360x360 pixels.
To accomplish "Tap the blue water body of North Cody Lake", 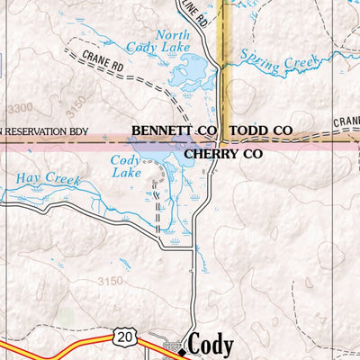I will point(190,67).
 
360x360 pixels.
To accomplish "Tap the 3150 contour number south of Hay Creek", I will point(109,282).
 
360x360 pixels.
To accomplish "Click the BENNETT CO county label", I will point(173,131).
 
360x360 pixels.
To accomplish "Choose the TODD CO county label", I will point(260,131).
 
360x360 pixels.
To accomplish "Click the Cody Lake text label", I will point(127,166).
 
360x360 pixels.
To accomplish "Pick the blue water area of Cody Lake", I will point(166,162).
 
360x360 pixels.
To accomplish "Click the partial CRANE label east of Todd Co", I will point(346,121).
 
